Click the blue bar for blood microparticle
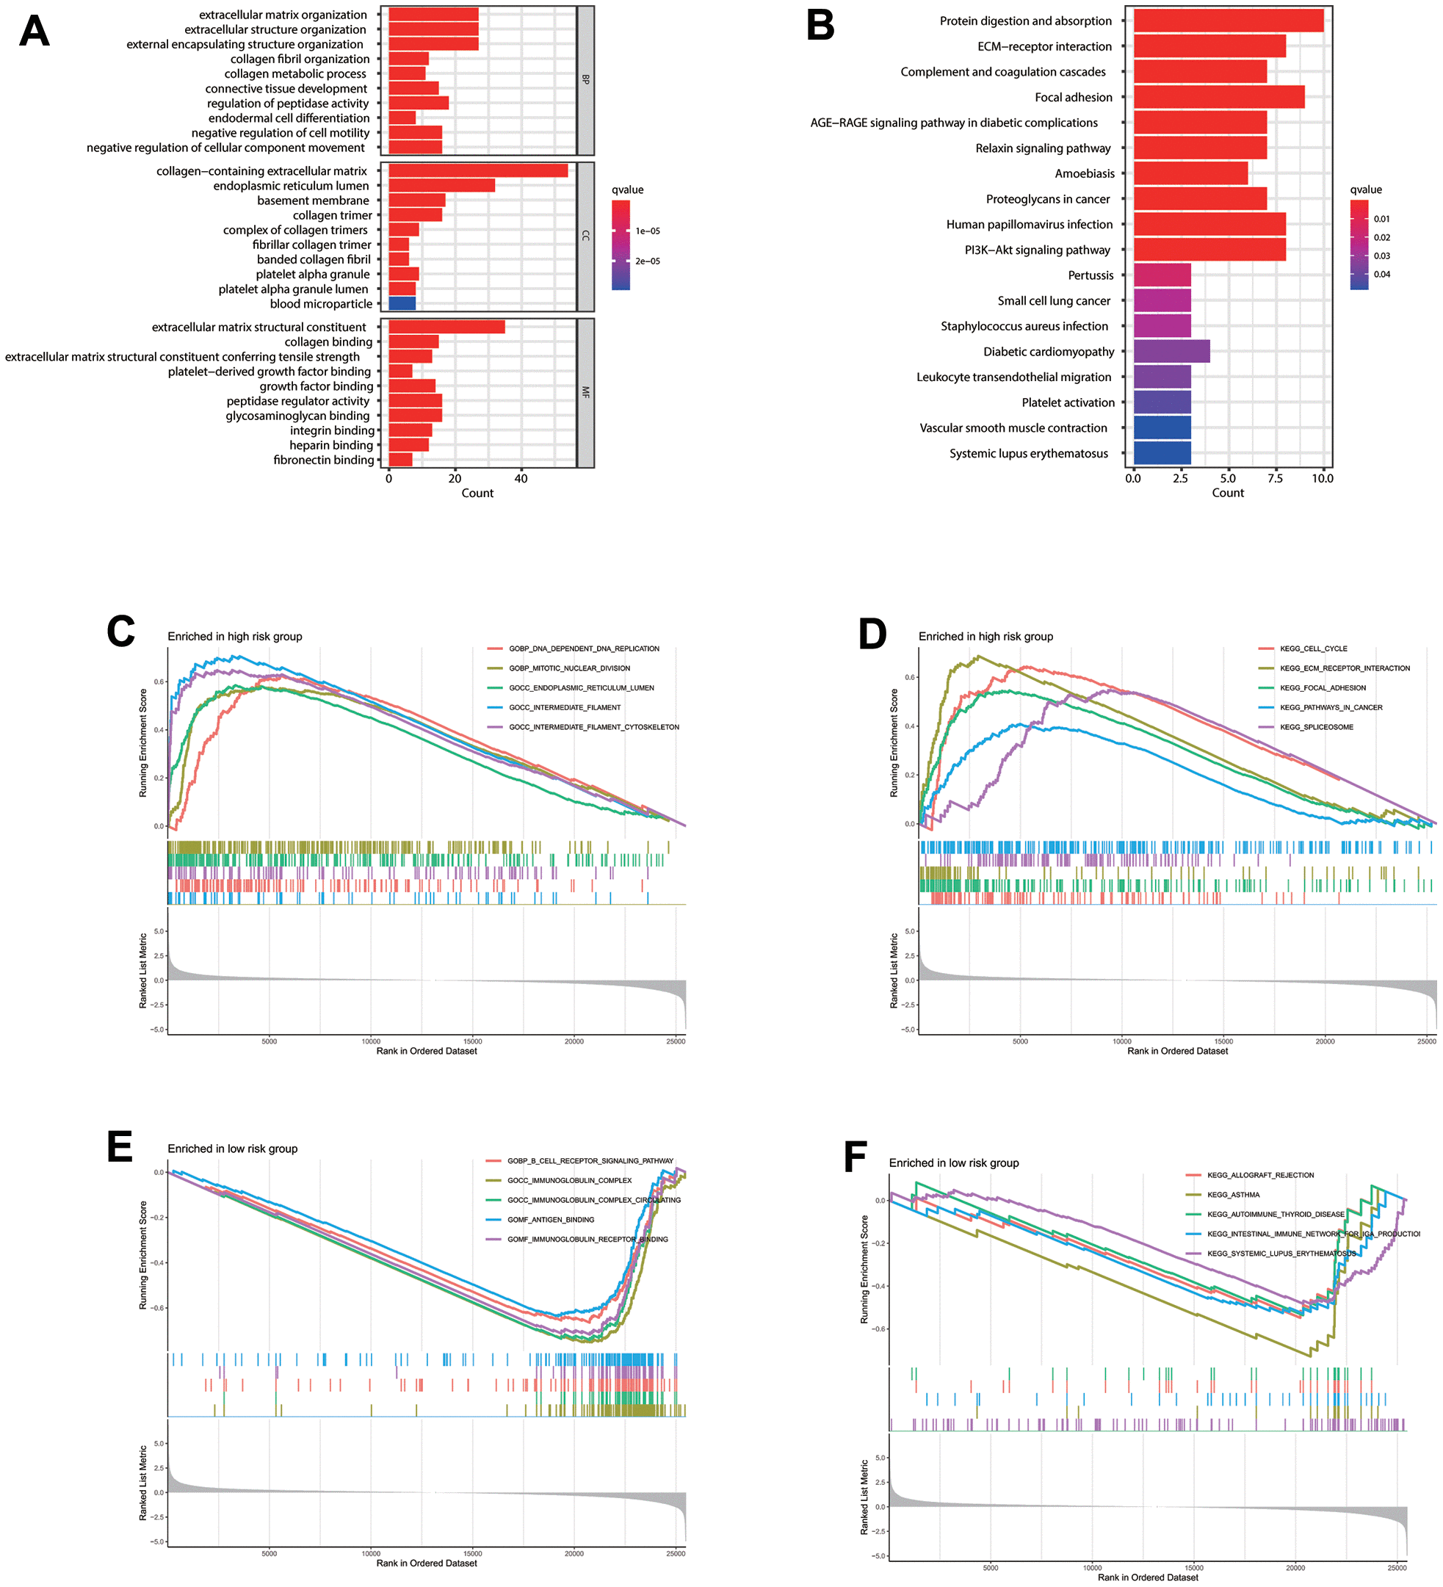click(402, 304)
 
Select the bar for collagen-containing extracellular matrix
click(478, 171)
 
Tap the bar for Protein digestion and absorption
click(1228, 21)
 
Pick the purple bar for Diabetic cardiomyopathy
click(1171, 352)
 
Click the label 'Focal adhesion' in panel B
click(1073, 98)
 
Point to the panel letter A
click(35, 32)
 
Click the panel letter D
click(872, 635)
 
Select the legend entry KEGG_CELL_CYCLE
click(1313, 648)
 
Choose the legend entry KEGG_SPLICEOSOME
click(1316, 727)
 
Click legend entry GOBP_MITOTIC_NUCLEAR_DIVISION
click(569, 668)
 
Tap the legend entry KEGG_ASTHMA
click(1233, 1195)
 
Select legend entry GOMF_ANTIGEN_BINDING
click(550, 1220)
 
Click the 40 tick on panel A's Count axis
click(521, 479)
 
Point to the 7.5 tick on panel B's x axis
click(1276, 479)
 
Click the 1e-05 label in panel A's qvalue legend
click(647, 231)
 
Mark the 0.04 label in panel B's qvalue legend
click(1381, 275)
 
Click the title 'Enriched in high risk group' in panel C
click(234, 637)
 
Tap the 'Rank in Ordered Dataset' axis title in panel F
click(1148, 1577)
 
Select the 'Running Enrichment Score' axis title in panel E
click(143, 1255)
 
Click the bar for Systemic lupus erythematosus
click(1162, 453)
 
